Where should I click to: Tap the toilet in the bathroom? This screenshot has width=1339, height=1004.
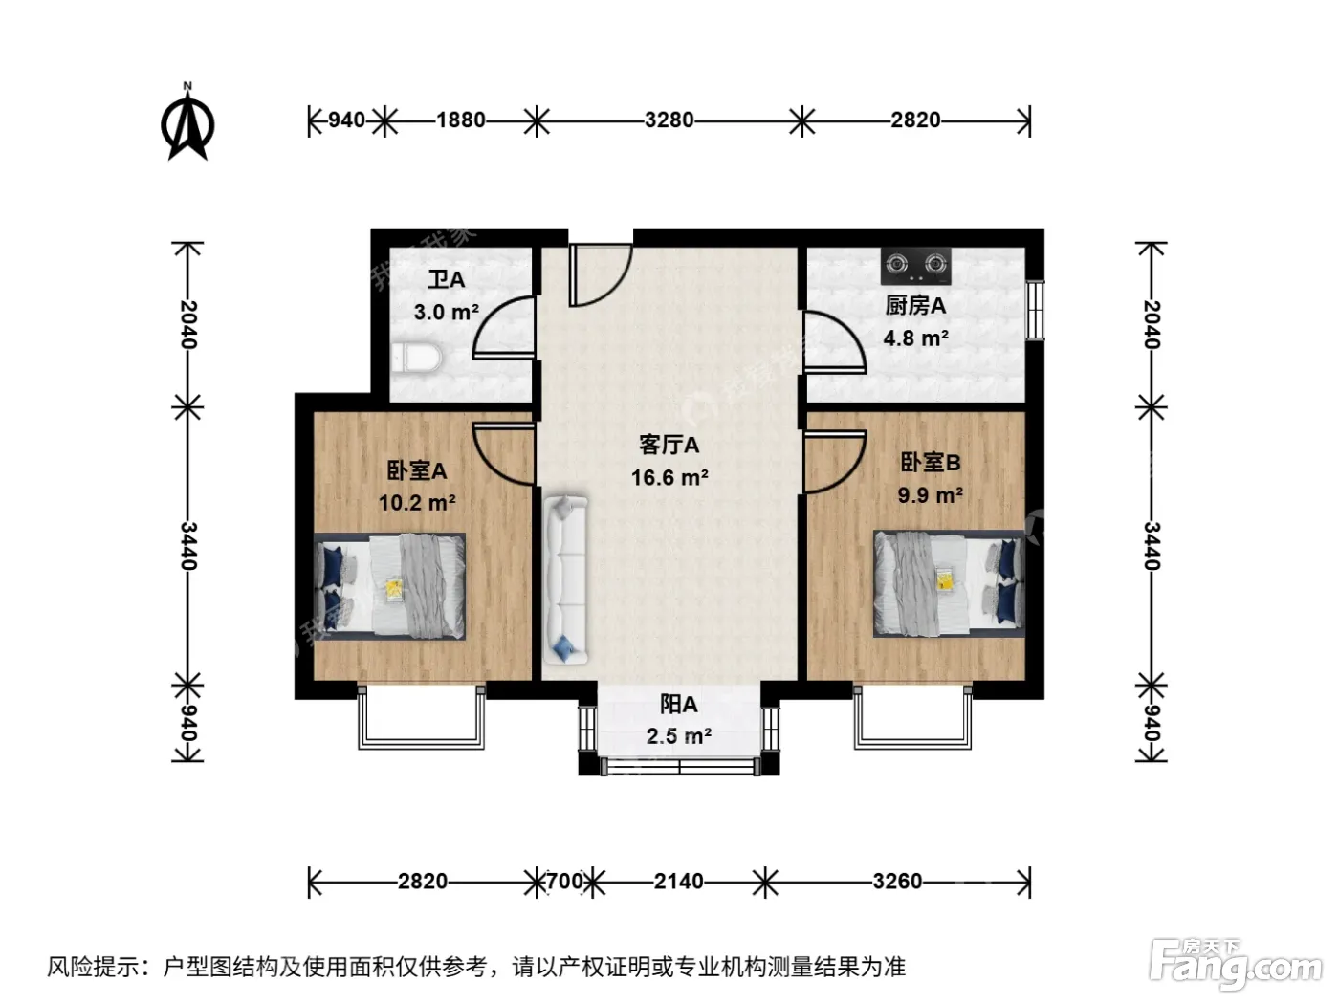point(415,358)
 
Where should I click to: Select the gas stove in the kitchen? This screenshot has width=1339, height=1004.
point(916,266)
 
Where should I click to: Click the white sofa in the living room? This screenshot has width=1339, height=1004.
point(566,579)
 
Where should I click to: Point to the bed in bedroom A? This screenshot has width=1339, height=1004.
point(390,586)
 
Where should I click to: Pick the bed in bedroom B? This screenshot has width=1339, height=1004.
point(949,584)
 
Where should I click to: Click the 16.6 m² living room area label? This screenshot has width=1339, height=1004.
point(669,477)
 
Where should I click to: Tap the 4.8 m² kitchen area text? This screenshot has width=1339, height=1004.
point(915,338)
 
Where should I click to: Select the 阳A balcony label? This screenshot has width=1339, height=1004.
point(678,705)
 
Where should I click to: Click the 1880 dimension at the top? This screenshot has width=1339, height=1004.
point(461,120)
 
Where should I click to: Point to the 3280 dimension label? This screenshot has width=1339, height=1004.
point(669,120)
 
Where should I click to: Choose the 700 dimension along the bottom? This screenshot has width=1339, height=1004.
point(565,882)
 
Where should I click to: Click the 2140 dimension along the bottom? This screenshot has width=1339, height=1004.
point(678,882)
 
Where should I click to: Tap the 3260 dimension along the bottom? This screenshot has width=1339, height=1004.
point(897,882)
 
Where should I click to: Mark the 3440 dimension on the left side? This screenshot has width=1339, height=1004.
point(187,546)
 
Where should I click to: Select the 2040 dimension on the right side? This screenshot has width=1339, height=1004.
point(1151,324)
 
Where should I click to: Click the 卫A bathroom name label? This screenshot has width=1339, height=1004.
point(446,280)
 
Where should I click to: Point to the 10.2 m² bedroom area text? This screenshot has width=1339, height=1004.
point(417,503)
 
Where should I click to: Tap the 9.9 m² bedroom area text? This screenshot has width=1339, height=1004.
point(930,495)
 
